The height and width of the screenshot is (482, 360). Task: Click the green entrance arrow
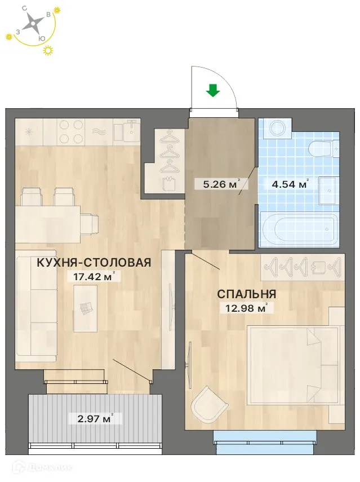(x=212, y=90)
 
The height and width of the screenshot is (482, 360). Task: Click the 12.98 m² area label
(x=242, y=307)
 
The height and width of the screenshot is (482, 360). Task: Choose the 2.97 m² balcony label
(x=91, y=418)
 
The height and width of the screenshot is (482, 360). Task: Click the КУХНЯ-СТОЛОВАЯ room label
(x=94, y=262)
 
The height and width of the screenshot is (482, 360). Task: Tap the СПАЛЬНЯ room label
(x=247, y=294)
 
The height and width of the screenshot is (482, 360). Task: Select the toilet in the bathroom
(x=323, y=149)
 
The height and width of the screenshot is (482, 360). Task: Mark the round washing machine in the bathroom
(x=278, y=127)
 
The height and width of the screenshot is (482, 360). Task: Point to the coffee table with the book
(x=86, y=308)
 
